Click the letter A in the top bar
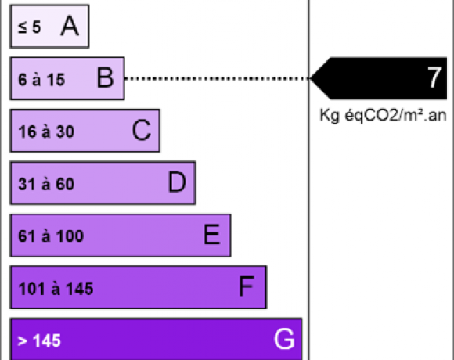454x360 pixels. [x=70, y=26]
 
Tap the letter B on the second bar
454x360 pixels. [x=105, y=77]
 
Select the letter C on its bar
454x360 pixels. [x=142, y=130]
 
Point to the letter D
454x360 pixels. [x=177, y=182]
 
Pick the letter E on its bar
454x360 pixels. [x=211, y=235]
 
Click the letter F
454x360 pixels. [x=247, y=286]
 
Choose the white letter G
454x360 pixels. [x=284, y=339]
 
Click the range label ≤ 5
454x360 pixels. [x=30, y=27]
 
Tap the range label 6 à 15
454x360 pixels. [x=41, y=79]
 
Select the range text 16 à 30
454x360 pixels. [x=46, y=131]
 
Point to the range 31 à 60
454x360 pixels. [x=46, y=184]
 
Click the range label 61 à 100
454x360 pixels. [x=51, y=236]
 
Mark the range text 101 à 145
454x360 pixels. [x=56, y=289]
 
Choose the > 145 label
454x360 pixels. [x=39, y=340]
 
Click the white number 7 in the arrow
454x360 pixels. [x=434, y=77]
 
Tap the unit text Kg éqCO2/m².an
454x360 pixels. [x=383, y=115]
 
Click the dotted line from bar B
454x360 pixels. [x=217, y=78]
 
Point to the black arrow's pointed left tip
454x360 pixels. [x=310, y=78]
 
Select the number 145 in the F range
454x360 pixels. [x=80, y=289]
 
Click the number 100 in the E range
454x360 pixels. [x=70, y=236]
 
